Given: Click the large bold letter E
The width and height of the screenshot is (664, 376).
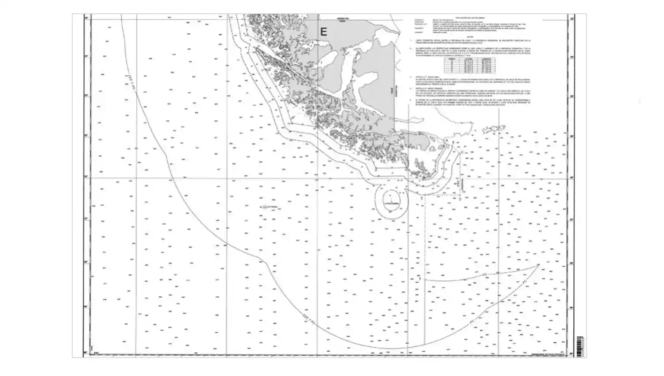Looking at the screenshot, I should (x=324, y=32).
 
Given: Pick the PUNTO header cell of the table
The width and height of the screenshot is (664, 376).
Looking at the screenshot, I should (x=452, y=58).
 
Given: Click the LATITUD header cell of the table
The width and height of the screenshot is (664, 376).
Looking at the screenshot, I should (x=465, y=58).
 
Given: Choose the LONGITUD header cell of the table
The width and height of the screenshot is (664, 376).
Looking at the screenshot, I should (x=482, y=58).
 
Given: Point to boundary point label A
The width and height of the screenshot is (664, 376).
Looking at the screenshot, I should (x=447, y=141).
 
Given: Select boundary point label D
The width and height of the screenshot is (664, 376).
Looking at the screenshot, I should (x=460, y=199).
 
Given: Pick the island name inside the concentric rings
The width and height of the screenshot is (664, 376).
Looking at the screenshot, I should (x=391, y=203).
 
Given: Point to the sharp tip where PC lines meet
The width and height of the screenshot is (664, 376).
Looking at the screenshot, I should (x=539, y=265).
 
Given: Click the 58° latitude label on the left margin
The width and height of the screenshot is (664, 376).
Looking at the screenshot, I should (x=86, y=263).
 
